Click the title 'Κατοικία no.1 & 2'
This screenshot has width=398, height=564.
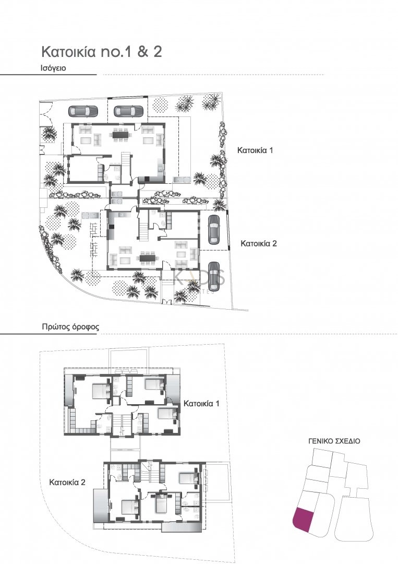point(98,52)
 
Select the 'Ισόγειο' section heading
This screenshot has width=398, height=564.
point(53,68)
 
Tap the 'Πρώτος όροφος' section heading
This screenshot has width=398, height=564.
point(70,327)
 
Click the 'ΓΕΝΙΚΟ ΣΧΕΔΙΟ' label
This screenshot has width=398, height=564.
point(334,441)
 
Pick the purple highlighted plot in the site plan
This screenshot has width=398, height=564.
point(302,520)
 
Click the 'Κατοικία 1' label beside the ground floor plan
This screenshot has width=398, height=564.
point(256,150)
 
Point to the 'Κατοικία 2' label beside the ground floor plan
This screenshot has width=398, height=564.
point(258,243)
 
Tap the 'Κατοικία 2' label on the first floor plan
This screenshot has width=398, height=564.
point(67,483)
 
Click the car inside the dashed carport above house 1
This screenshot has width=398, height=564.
point(128,111)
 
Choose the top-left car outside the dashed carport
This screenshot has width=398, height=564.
point(82,111)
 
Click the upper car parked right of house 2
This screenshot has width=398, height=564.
point(214,230)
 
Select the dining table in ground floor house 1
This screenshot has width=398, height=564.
point(122,134)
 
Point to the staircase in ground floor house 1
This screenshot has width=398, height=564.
point(125,159)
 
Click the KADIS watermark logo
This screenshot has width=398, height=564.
point(198,279)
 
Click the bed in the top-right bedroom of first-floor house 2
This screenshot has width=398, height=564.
point(187,477)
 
